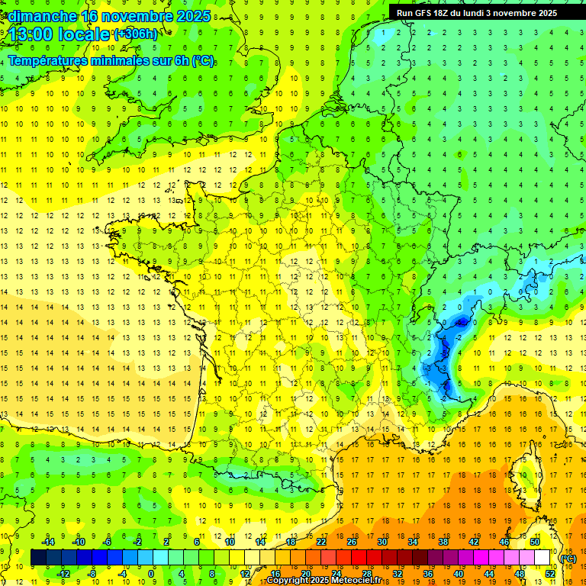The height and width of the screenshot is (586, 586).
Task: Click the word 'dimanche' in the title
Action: tap(38, 16)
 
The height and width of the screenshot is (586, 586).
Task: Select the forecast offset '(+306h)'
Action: tap(136, 34)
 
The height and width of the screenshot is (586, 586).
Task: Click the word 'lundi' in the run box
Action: tap(476, 13)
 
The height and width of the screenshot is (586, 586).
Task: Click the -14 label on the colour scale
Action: tap(49, 542)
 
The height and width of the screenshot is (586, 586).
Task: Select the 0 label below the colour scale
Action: tap(151, 574)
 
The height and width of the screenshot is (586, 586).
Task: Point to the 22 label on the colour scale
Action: tap(321, 542)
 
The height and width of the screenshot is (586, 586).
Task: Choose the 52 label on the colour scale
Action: tap(549, 574)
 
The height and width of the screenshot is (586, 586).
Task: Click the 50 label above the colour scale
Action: tap(534, 542)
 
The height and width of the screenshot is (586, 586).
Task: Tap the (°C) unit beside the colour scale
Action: tap(568, 559)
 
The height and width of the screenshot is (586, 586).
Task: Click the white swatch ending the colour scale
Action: tap(542, 558)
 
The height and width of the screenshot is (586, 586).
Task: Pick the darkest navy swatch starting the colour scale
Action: tap(38, 558)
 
